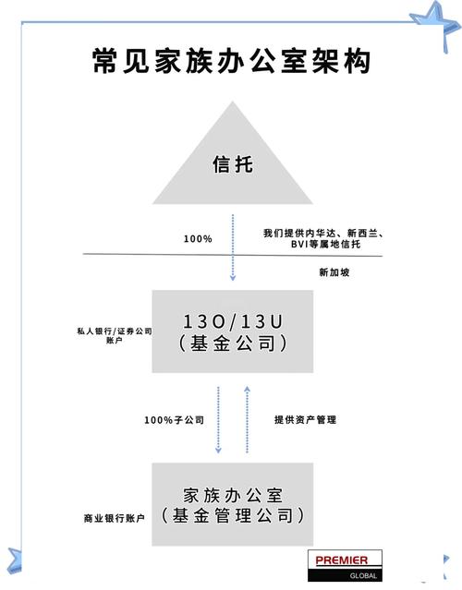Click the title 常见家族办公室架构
coord(231,60)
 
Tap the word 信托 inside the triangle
coord(232,167)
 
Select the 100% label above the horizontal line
coord(197,239)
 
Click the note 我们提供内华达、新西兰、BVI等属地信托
coord(322,238)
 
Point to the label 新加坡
coord(334,272)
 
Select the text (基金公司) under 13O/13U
coord(232,344)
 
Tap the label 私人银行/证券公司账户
coord(115,334)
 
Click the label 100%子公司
coord(173,420)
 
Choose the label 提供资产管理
coord(305,420)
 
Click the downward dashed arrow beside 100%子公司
coord(217,420)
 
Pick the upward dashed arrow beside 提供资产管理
coord(247,420)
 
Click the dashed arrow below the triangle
coord(232,249)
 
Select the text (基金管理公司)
coord(232,516)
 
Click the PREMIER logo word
coord(346,560)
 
